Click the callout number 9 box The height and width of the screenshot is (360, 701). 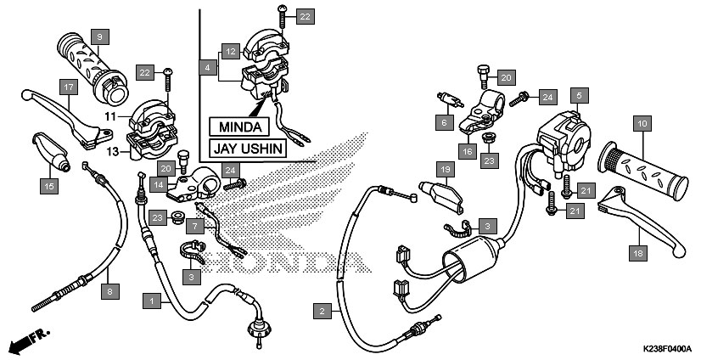click(x=99, y=37)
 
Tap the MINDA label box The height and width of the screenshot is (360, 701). click(x=239, y=127)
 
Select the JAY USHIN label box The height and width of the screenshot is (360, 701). click(x=248, y=148)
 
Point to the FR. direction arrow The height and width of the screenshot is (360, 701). click(x=30, y=340)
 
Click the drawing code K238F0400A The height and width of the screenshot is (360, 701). click(x=666, y=349)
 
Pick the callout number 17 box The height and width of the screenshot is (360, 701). click(x=69, y=87)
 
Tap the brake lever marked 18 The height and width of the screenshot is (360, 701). click(x=642, y=222)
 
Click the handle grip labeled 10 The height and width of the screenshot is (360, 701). click(x=643, y=171)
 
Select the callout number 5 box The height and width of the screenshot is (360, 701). click(x=579, y=95)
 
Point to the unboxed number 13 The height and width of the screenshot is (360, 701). click(x=112, y=152)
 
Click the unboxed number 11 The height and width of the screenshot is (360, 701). click(x=110, y=116)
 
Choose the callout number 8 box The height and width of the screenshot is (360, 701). click(x=110, y=292)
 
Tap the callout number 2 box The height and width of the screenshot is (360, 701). click(x=322, y=312)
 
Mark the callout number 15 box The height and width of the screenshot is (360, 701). click(x=49, y=186)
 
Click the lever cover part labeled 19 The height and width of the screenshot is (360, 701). click(x=440, y=195)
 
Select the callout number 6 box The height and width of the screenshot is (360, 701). click(x=445, y=122)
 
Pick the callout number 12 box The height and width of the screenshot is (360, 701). click(x=230, y=52)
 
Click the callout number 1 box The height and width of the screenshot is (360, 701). click(x=152, y=301)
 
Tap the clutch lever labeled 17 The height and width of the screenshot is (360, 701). click(x=67, y=119)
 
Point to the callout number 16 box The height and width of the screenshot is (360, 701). click(x=467, y=151)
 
